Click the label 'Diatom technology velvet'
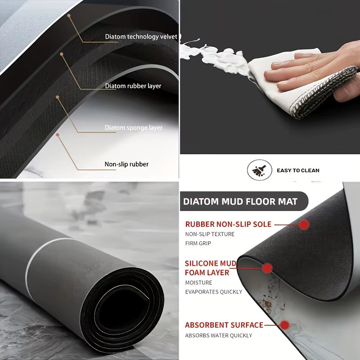coord(141,37)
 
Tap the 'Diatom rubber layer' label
coord(133,86)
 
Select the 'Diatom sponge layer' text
coord(134,128)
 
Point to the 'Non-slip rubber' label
coord(126,164)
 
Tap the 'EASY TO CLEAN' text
coord(298,171)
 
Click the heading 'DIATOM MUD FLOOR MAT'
coord(240,201)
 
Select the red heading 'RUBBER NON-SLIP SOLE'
coord(228,224)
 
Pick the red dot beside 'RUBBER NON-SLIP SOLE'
coord(304,225)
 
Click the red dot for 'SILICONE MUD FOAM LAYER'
coord(267,268)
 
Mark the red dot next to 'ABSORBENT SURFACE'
coord(285,325)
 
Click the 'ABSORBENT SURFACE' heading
coord(224,325)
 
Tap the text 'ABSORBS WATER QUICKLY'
coord(219,335)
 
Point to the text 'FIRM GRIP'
coord(198,243)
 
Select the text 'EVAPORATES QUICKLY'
coord(213,292)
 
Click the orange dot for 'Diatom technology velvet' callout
coord(69,16)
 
